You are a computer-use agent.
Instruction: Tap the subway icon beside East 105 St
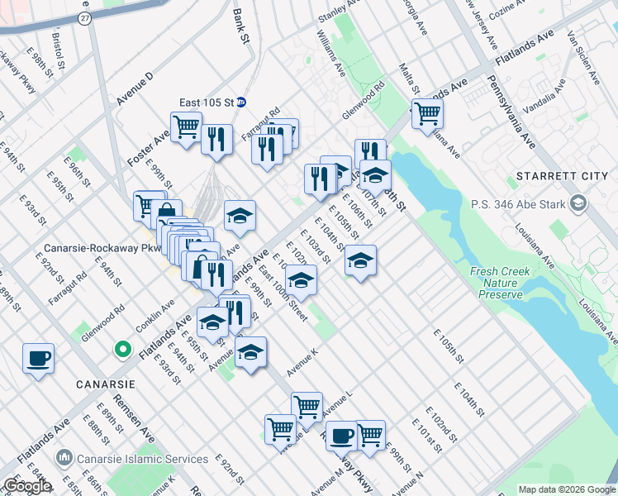(x=241, y=103)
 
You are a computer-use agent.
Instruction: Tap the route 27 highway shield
(x=84, y=18)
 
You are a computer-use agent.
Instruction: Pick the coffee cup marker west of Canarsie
(x=39, y=359)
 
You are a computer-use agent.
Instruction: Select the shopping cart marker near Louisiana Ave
(x=427, y=113)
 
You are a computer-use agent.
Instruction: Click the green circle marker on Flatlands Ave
(x=123, y=351)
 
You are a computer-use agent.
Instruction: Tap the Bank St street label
(x=240, y=26)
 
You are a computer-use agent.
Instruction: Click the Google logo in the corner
(x=26, y=486)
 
